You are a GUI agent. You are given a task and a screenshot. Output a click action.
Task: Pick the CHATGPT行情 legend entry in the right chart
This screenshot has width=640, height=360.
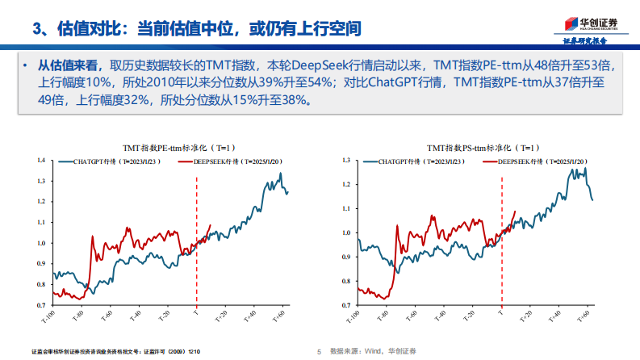coord(408,161)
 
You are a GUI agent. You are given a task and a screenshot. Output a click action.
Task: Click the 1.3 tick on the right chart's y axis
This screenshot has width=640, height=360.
coord(345,161)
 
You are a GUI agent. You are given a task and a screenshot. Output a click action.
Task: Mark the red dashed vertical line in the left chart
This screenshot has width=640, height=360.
coord(197,242)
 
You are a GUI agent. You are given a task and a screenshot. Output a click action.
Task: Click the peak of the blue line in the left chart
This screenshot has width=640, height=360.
coord(280,174)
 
